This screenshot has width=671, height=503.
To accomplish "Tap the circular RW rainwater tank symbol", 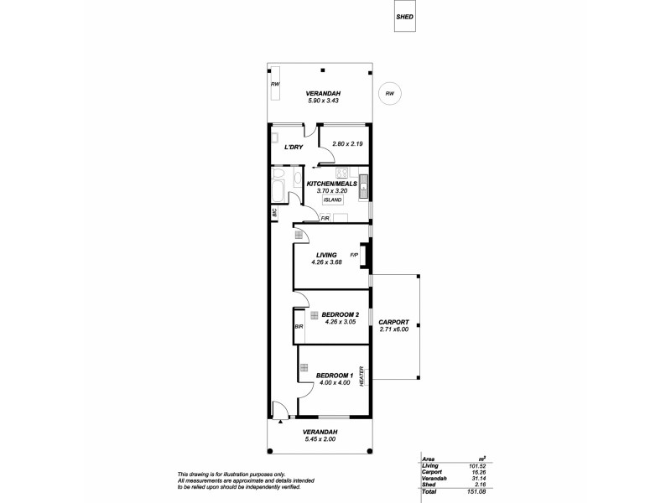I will (x=390, y=93).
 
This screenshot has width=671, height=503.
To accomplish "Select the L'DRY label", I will (x=294, y=148).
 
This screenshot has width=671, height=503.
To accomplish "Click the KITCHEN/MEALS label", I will (x=332, y=183).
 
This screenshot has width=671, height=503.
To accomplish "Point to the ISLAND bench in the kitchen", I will (x=332, y=200).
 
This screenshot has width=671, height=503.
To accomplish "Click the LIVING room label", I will (x=326, y=255).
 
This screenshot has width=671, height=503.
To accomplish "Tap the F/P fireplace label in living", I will (x=354, y=255).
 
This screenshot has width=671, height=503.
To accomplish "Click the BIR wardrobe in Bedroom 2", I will (x=298, y=326).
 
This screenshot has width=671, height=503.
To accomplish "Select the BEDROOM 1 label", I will (x=334, y=375).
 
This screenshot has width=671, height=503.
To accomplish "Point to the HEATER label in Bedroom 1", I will (x=362, y=376).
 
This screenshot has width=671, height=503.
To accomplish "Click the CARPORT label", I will (x=393, y=322).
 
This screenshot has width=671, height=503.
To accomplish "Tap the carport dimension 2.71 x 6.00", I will (x=393, y=329).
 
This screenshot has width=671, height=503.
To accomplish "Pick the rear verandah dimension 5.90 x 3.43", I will (x=321, y=101).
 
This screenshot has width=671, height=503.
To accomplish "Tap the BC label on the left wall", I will (x=275, y=214).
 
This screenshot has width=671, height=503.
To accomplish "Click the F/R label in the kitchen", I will (x=324, y=219).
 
